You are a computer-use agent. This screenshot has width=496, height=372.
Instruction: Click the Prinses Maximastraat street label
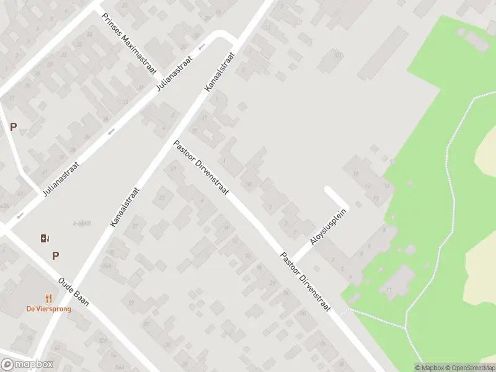coord(129,45)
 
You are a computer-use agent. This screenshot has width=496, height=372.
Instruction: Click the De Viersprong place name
coord(48,309)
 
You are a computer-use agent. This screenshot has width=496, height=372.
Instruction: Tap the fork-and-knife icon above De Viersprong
coord(48,298)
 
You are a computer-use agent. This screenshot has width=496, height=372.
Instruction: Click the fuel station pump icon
coord(44,238)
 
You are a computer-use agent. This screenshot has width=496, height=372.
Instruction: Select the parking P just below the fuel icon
coord(56,255)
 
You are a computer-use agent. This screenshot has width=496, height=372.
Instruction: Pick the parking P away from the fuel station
coord(13,127)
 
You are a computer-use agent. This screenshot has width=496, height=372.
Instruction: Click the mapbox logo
coord(27,364)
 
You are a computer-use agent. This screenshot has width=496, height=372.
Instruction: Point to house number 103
coord(338,55)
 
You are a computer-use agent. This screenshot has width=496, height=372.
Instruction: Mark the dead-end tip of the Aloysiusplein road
coord(329,191)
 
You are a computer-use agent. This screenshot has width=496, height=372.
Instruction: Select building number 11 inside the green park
coord(389,290)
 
